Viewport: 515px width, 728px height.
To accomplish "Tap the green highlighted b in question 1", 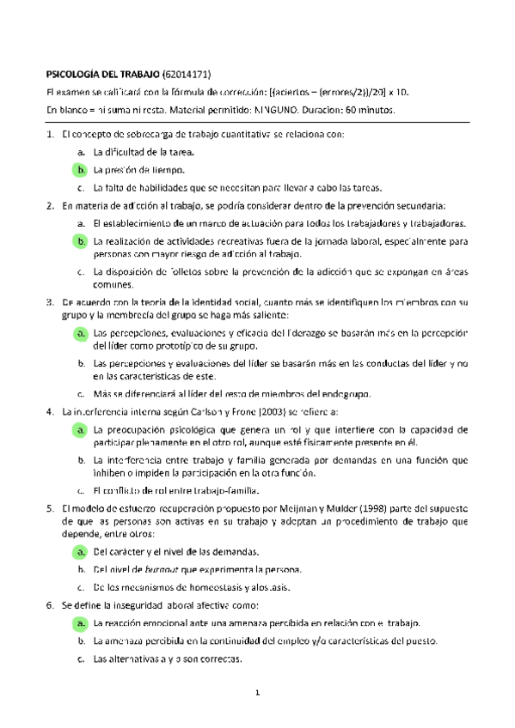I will pos(80,170).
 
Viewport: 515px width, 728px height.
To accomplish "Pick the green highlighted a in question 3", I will pos(80,332).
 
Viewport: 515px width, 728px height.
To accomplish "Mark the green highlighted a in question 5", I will pos(80,527).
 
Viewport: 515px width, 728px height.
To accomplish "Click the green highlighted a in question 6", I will pos(80,623).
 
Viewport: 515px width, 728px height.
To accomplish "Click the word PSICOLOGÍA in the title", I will pos(75,76).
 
